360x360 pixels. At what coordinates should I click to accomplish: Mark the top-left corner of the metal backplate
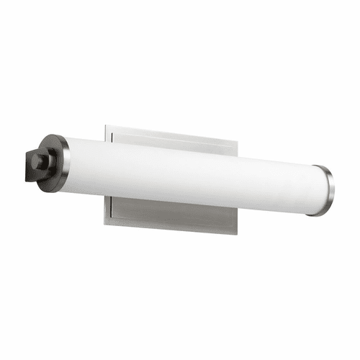click(105, 126)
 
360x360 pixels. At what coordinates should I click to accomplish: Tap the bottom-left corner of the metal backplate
click(105, 222)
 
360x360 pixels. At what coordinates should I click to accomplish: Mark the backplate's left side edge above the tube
click(105, 133)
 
